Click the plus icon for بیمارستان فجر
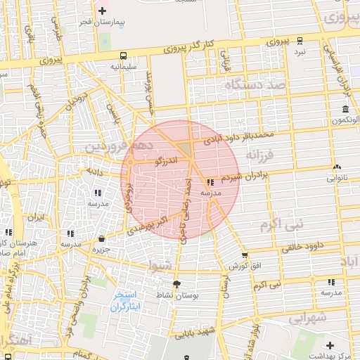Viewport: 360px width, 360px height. (x=103, y=11)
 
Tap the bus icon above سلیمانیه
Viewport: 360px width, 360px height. (x=123, y=55)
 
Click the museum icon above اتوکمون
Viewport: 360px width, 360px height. (x=345, y=109)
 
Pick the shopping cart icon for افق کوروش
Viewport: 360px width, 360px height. (x=244, y=256)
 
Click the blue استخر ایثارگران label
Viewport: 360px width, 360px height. (x=127, y=301)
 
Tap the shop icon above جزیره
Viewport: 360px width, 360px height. (x=102, y=239)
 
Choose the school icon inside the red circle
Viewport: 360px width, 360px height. (x=211, y=182)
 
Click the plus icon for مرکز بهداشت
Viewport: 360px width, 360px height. (x=329, y=345)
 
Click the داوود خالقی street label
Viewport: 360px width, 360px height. (x=302, y=247)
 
